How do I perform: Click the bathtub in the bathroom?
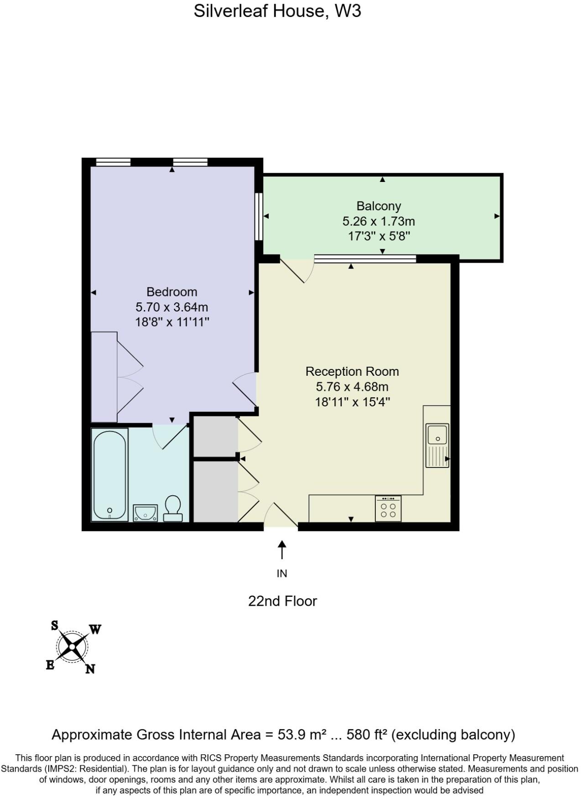tap(109, 474)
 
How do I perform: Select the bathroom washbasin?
tap(145, 513)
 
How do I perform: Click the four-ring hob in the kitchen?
tap(388, 509)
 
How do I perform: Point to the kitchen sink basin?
tap(437, 434)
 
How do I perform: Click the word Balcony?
tap(379, 206)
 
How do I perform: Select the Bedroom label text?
tap(171, 292)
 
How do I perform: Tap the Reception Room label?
tap(352, 372)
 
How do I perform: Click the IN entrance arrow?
tap(282, 550)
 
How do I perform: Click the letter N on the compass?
tap(90, 669)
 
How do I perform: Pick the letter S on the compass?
tap(54, 625)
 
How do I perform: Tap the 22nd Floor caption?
tap(282, 601)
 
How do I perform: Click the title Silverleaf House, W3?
tap(277, 11)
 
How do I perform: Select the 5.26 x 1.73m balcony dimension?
tap(379, 222)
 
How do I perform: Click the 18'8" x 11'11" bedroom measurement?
tap(171, 322)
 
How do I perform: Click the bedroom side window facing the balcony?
tap(259, 216)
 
